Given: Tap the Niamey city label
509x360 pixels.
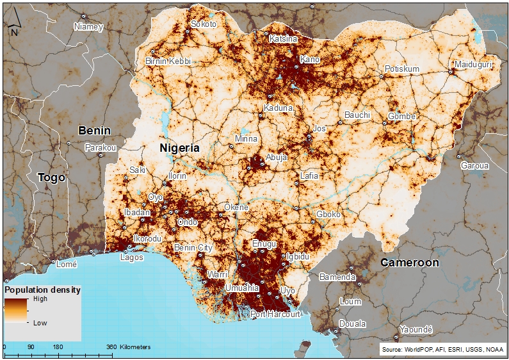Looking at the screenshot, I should point(88,27).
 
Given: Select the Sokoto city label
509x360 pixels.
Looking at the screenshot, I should point(204,24).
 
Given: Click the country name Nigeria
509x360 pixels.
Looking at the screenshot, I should point(179,148).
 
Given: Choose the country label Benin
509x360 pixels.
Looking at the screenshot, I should point(94,131).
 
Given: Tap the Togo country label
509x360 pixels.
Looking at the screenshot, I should point(51,177).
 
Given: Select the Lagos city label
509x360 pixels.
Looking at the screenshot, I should point(131,257).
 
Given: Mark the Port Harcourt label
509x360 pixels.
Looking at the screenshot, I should point(275,315).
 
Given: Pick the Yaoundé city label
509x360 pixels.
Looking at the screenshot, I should point(416,329).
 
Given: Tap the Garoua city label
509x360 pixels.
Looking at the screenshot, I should point(474,165).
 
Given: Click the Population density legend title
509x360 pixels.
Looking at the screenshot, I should point(43,290).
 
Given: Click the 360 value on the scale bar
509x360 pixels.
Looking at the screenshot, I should point(111,347).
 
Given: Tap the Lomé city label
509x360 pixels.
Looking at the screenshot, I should point(67,264).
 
